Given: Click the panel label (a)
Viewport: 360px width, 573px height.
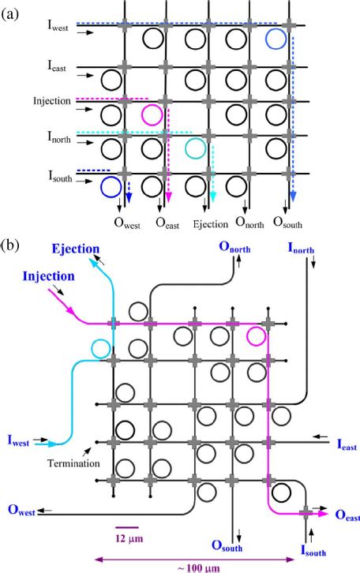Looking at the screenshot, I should coord(12,11).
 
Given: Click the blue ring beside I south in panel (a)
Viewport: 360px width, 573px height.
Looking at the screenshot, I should coord(111,187).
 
